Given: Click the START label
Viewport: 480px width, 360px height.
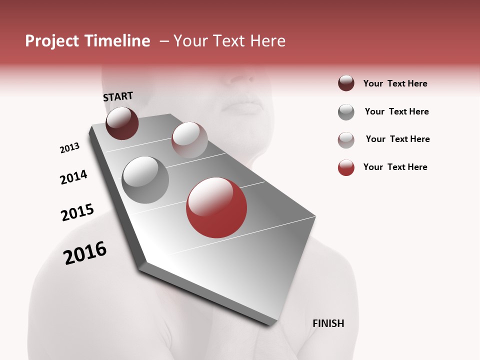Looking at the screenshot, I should [118, 96].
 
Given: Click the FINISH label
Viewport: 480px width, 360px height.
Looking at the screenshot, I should [328, 323].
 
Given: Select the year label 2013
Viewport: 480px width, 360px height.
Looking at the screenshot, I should [69, 148].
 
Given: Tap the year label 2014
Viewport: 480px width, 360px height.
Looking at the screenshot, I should [73, 177].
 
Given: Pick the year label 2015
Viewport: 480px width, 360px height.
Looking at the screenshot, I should [77, 212].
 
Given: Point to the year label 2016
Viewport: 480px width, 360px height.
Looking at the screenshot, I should [85, 253].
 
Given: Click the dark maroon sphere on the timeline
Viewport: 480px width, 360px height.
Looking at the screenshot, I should [122, 123].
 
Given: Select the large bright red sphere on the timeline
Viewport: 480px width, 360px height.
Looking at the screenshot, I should [216, 207].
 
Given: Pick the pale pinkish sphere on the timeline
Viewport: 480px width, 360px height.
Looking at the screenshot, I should [189, 140].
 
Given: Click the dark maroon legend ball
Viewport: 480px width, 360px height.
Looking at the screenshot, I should [346, 83].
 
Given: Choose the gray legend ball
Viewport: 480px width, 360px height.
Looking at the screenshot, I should [346, 112].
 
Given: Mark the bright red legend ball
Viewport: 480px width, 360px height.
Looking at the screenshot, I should [346, 167].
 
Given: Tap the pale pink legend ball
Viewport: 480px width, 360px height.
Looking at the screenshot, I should [346, 140].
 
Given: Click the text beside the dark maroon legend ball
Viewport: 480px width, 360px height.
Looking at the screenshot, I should [395, 83].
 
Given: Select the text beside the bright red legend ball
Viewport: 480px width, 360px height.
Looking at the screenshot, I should [395, 167].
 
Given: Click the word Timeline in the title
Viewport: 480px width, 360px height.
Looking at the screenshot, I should [117, 41].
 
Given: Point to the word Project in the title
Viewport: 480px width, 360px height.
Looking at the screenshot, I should [52, 41].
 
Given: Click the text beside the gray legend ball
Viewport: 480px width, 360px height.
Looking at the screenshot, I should [396, 111].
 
